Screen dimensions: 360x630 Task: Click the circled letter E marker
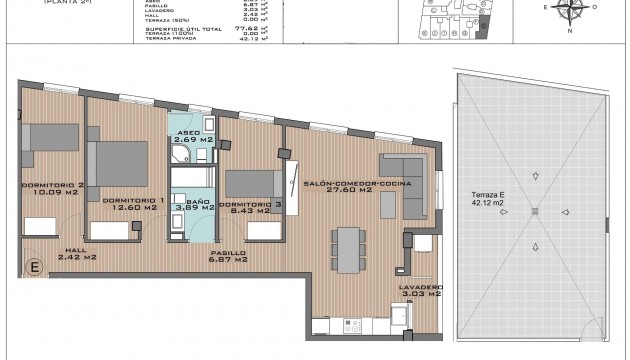pyautogui.click(x=33, y=266)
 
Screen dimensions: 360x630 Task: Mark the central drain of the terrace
pyautogui.click(x=536, y=210)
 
